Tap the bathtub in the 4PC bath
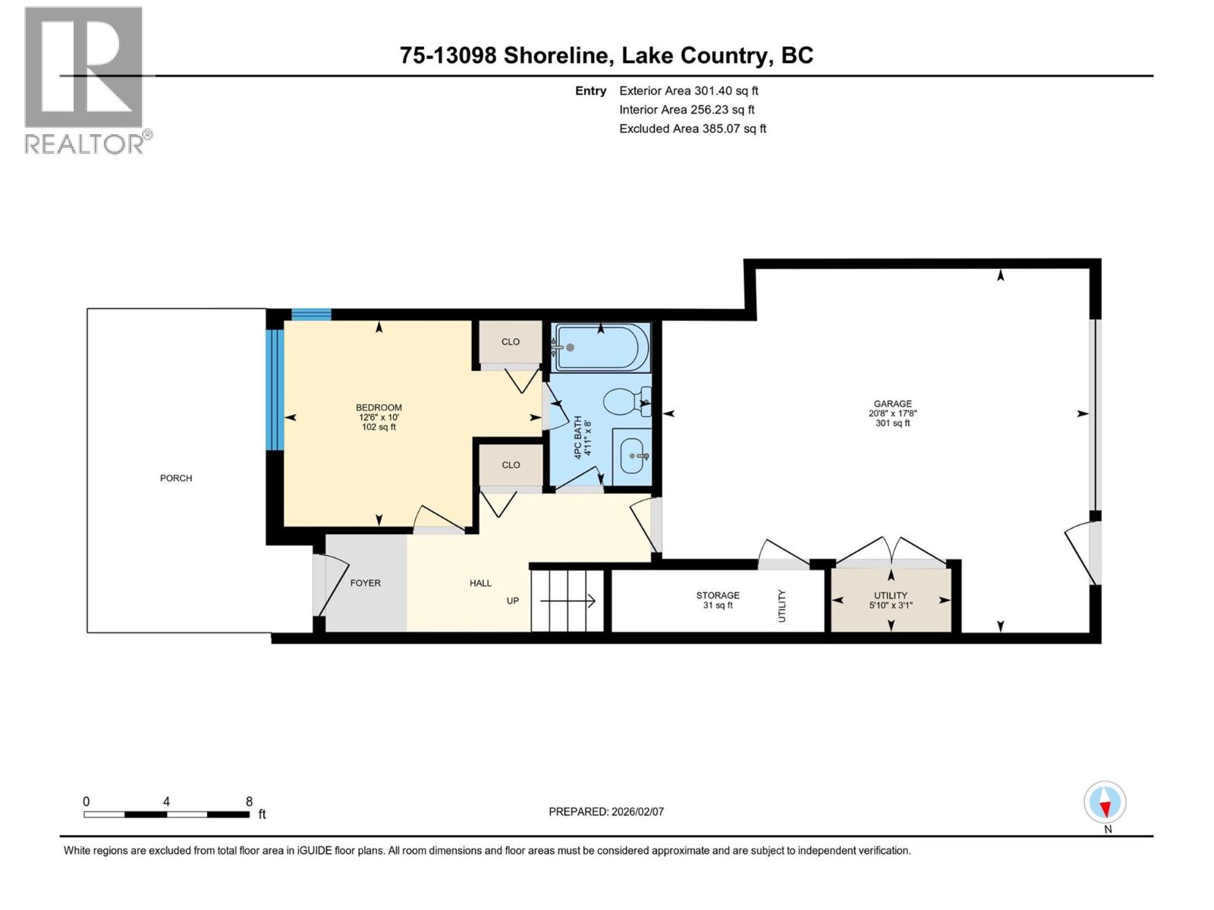[601, 347]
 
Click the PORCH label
[176, 478]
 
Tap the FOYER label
[365, 583]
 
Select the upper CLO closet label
[511, 342]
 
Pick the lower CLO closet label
[511, 465]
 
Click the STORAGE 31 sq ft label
[718, 600]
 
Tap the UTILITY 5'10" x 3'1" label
[891, 600]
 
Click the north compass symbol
[1105, 802]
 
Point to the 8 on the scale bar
[249, 802]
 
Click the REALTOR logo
[85, 80]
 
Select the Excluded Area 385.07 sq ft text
[692, 129]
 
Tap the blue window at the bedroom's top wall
[311, 315]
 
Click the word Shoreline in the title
[555, 55]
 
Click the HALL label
[480, 583]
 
